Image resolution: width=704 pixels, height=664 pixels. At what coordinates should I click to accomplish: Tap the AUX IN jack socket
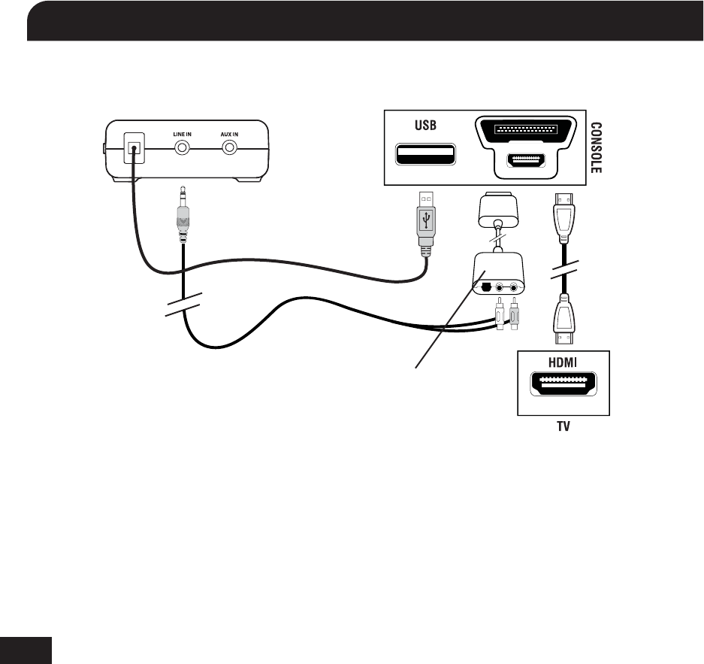click(229, 148)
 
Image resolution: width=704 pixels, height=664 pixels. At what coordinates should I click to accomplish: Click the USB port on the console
click(425, 155)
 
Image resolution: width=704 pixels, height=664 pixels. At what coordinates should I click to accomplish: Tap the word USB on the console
click(425, 125)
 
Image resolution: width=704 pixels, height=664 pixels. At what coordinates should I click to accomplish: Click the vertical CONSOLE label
click(596, 148)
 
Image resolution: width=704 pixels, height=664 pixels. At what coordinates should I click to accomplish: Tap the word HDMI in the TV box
click(564, 362)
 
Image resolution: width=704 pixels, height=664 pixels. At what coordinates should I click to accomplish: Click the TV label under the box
click(564, 425)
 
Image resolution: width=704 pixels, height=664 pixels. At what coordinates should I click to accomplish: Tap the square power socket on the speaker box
click(134, 149)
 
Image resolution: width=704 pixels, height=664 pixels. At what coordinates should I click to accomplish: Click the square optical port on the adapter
click(486, 286)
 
